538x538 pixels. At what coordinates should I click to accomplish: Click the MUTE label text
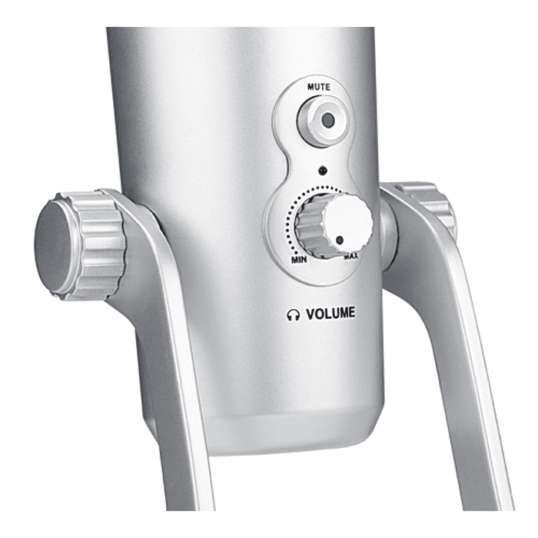point(319,87)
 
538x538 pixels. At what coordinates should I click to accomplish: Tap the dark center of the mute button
point(328,120)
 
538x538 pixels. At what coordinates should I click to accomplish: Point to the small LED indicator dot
point(323,171)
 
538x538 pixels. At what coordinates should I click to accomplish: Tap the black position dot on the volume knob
point(340,240)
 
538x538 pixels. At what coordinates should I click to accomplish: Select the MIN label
point(299,260)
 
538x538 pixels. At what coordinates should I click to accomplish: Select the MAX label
point(351,256)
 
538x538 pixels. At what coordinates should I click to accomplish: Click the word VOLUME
point(330,314)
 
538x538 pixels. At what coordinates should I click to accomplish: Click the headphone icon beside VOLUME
point(293,315)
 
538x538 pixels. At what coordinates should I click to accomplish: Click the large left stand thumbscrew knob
point(80,244)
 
